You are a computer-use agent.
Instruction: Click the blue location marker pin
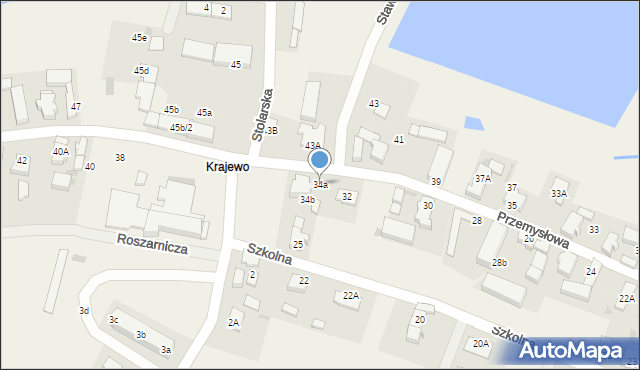pos(320,159)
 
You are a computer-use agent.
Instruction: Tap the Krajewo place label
pos(227,167)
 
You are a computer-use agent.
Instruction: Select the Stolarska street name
pos(264,116)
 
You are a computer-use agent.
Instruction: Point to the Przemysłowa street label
pos(533,229)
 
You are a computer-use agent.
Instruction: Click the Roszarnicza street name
pos(152,244)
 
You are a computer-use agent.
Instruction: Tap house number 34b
pos(308,200)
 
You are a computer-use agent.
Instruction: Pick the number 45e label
pos(139,38)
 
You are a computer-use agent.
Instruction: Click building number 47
pos(75,106)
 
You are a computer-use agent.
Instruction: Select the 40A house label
pos(61,151)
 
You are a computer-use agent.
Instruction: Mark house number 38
pos(120,158)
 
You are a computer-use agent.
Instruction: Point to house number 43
pos(374,104)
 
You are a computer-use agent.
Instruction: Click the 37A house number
pos(483,179)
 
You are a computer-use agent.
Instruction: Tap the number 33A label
pos(559,193)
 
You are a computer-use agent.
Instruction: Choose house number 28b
pos(499,263)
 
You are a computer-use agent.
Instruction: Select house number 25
pos(298,244)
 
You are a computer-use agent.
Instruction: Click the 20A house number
pos(481,344)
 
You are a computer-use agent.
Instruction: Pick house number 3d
pos(85,311)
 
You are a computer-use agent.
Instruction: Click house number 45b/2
pos(185,128)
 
